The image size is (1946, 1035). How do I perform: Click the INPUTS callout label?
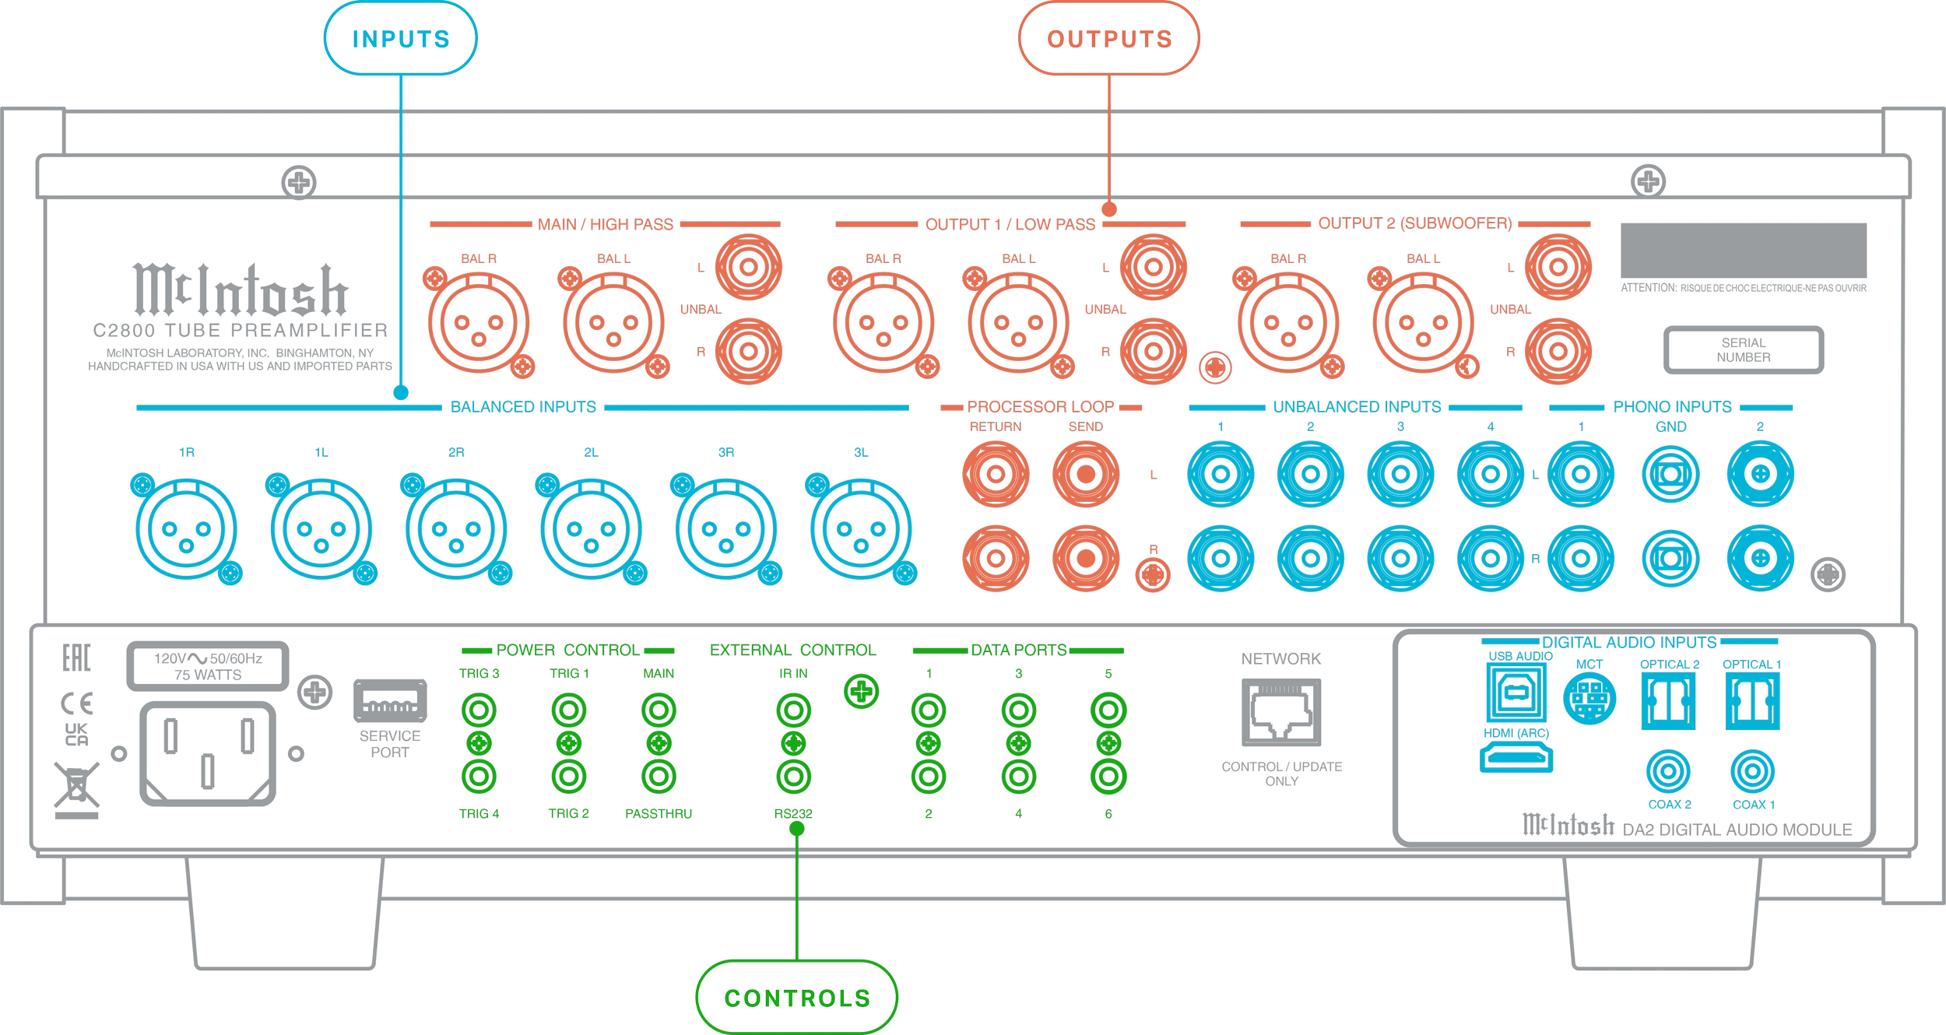tap(400, 39)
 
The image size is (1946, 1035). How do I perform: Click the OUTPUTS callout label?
tap(1109, 39)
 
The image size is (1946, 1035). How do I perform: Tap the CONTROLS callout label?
tap(796, 998)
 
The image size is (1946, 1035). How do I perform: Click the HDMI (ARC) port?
tap(1516, 756)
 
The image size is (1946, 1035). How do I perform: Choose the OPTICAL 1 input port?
tap(1751, 700)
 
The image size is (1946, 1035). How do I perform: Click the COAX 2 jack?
tap(1668, 772)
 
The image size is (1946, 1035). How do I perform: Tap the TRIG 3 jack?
tap(479, 710)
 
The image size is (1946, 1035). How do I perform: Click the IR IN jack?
tap(793, 710)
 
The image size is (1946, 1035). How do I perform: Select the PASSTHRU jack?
tap(659, 777)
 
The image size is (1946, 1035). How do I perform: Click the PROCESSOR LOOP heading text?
tap(1041, 407)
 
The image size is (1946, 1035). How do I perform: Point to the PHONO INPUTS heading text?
tap(1672, 407)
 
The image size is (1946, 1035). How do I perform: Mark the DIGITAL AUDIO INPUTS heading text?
tap(1629, 643)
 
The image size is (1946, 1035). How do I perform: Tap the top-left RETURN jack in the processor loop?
tap(996, 474)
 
